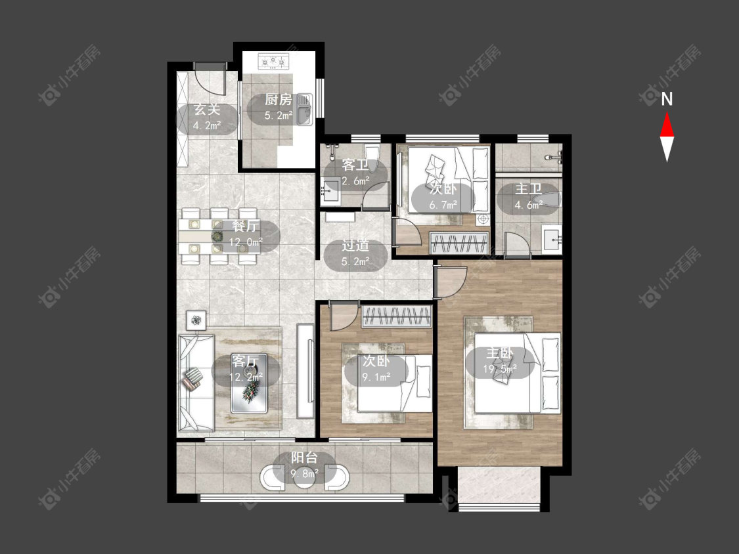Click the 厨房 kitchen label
[278, 99]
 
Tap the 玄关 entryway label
[208, 110]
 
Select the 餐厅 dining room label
[246, 226]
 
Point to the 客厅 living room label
[245, 361]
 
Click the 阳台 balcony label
[304, 458]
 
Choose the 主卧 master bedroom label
[500, 353]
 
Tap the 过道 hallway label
[355, 245]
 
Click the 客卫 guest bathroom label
[355, 165]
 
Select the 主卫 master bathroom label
[528, 190]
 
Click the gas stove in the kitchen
[273, 62]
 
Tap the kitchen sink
[305, 110]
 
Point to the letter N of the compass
[667, 99]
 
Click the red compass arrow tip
[667, 112]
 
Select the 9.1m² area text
[376, 377]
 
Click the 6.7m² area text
[443, 205]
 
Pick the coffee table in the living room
[250, 383]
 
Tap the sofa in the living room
[196, 383]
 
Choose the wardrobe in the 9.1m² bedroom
[397, 316]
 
